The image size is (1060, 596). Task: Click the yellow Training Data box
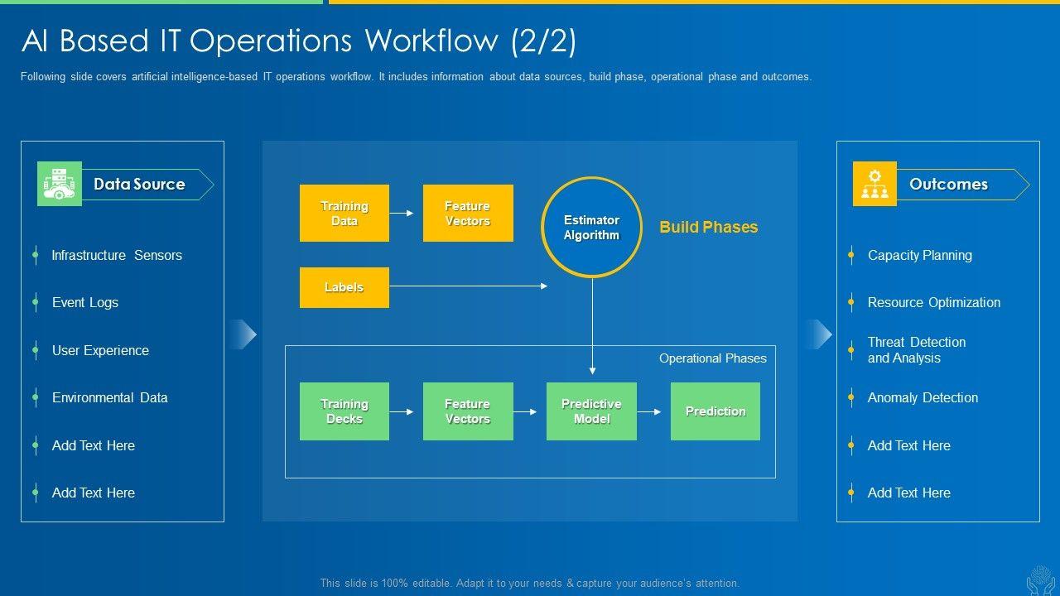click(x=344, y=214)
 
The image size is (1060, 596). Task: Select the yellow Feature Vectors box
click(x=468, y=214)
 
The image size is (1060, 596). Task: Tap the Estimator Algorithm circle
click(x=591, y=227)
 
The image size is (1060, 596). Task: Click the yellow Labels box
click(x=344, y=287)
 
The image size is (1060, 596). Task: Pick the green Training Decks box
click(x=344, y=411)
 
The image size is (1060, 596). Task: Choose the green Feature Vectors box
click(x=468, y=411)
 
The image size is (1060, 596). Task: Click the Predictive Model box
click(x=591, y=411)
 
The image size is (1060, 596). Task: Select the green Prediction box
click(x=715, y=411)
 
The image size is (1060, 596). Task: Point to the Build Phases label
click(x=709, y=227)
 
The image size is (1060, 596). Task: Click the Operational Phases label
click(x=713, y=358)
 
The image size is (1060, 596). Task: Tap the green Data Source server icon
click(x=60, y=184)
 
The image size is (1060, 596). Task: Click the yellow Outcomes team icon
click(x=874, y=184)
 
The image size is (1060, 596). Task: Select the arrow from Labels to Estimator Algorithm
click(x=469, y=286)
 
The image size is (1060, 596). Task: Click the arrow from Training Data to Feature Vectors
click(x=402, y=214)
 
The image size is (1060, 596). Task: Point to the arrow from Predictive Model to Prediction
click(x=648, y=412)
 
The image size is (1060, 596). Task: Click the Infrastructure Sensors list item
click(x=117, y=256)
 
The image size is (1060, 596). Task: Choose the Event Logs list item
click(x=85, y=303)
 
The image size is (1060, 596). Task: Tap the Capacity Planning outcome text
click(x=920, y=256)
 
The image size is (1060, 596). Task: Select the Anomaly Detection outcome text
click(x=923, y=398)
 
